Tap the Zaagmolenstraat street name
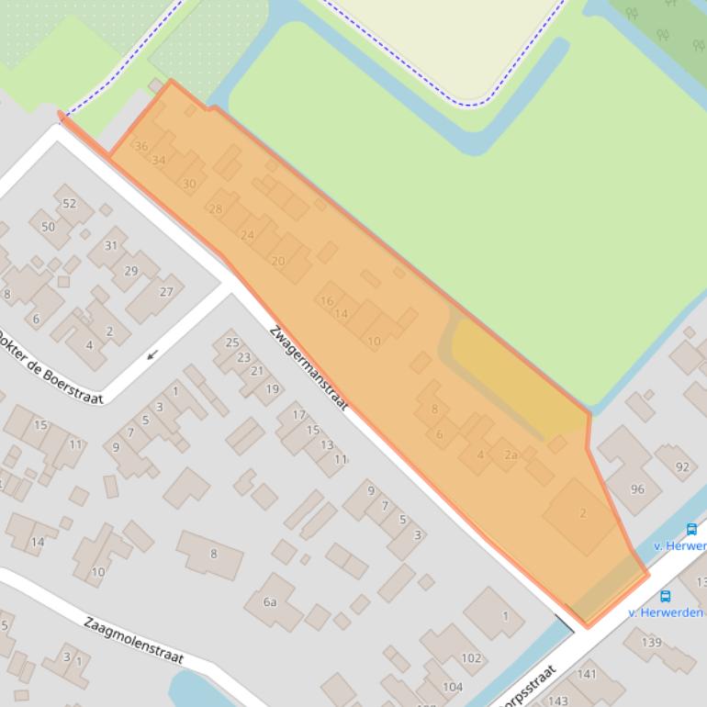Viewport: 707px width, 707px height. click(133, 639)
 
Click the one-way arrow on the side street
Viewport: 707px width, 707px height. click(152, 354)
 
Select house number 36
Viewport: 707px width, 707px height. click(140, 146)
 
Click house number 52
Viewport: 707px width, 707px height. click(70, 203)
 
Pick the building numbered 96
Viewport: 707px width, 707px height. click(637, 488)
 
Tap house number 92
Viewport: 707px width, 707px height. click(682, 466)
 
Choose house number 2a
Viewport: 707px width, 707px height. click(511, 454)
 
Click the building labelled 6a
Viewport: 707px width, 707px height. click(270, 601)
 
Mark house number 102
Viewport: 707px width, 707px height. click(471, 657)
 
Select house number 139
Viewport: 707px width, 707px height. click(651, 642)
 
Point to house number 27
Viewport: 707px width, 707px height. click(165, 291)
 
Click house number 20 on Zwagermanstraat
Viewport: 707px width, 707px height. click(278, 261)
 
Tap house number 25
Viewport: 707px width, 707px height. click(231, 342)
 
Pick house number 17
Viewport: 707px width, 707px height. click(298, 415)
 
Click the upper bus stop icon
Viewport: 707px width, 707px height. click(691, 529)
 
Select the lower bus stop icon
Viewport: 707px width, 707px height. click(666, 596)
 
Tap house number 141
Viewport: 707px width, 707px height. click(586, 674)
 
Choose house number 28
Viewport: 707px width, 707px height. click(216, 208)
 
